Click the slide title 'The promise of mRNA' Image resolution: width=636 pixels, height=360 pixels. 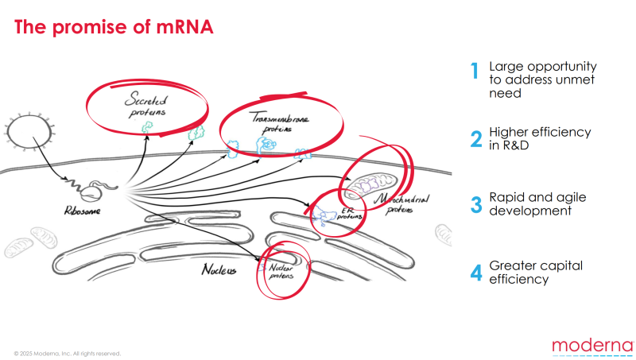[x=113, y=28]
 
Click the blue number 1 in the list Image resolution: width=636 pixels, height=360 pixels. [x=475, y=72]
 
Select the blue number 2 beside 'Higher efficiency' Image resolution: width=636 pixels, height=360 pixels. [x=475, y=139]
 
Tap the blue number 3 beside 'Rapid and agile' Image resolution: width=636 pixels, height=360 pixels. [x=475, y=204]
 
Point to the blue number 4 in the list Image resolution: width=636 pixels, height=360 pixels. [x=475, y=272]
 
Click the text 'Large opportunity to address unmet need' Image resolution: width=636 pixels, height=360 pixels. [x=542, y=79]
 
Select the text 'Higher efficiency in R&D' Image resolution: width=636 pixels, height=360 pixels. [x=539, y=138]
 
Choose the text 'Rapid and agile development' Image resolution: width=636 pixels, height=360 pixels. [x=530, y=204]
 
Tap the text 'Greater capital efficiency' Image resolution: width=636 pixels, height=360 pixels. [x=529, y=272]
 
